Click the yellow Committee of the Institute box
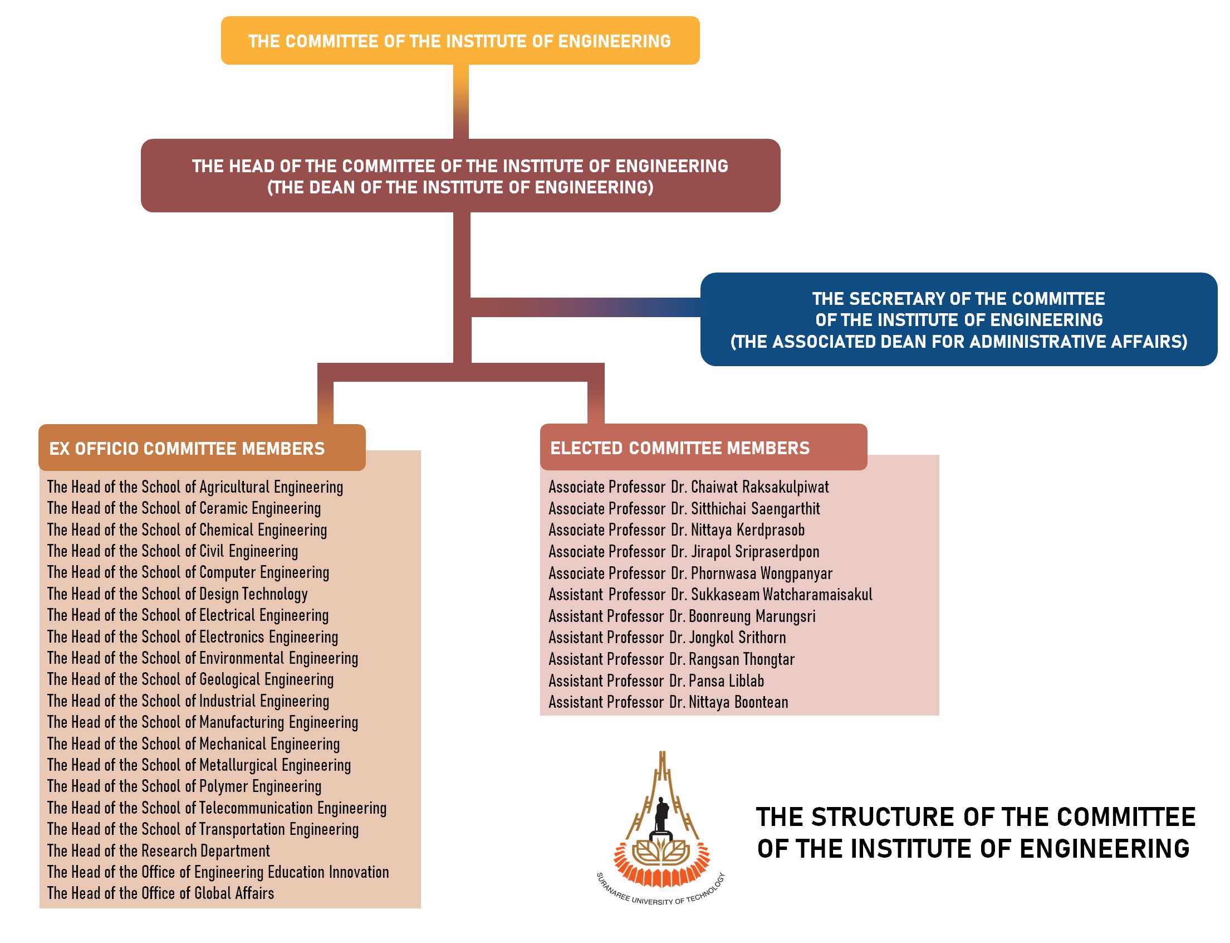click(x=460, y=41)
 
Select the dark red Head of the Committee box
click(x=460, y=175)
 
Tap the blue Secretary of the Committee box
click(x=958, y=319)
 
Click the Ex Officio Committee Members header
click(x=202, y=448)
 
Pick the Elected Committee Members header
click(x=703, y=447)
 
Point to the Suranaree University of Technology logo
click(x=661, y=828)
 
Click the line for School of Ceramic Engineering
click(x=184, y=508)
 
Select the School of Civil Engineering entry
click(x=173, y=551)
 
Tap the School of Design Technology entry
click(x=177, y=594)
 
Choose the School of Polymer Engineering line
click(x=184, y=786)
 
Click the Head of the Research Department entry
click(x=159, y=850)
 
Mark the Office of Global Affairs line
click(x=160, y=892)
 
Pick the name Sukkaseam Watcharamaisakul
click(x=781, y=594)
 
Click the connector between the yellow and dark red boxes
click(x=460, y=101)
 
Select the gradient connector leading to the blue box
click(x=586, y=307)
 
